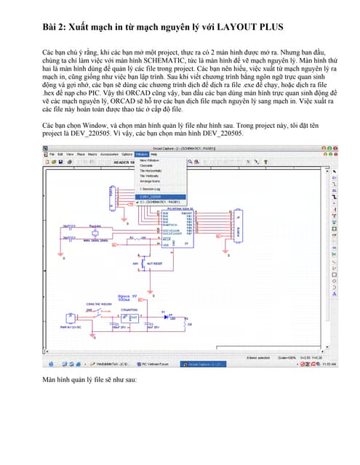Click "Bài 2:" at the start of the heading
tap(57, 28)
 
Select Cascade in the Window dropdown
tap(146, 165)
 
